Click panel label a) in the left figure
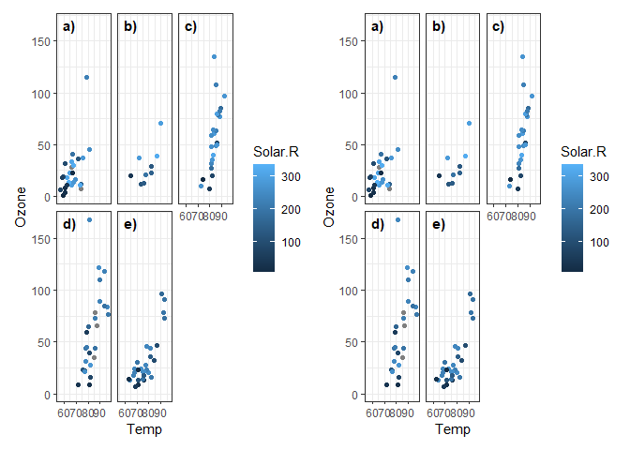[x=68, y=27]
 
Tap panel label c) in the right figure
[x=498, y=27]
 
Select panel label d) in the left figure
[x=68, y=225]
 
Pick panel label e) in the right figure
[x=437, y=225]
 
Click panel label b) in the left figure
[x=129, y=27]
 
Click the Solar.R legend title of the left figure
[x=276, y=151]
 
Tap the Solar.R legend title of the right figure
[x=583, y=151]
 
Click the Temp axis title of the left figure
[x=143, y=429]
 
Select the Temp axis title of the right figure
[x=451, y=429]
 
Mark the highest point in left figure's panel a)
[x=86, y=77]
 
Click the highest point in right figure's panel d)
[x=397, y=219]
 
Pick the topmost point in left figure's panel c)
[x=214, y=57]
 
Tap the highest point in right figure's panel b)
[x=468, y=123]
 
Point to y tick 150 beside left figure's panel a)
[x=40, y=41]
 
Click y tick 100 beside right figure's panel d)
[x=348, y=291]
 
